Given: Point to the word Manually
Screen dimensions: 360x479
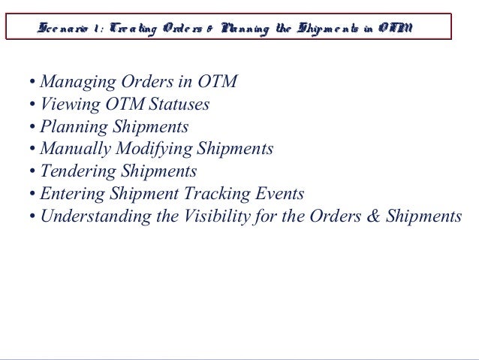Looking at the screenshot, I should pyautogui.click(x=73, y=150).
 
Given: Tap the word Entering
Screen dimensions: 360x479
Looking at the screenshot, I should pyautogui.click(x=70, y=194).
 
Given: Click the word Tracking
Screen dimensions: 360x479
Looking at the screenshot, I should pyautogui.click(x=215, y=194).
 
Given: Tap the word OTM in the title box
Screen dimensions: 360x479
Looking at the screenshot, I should pyautogui.click(x=393, y=29).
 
